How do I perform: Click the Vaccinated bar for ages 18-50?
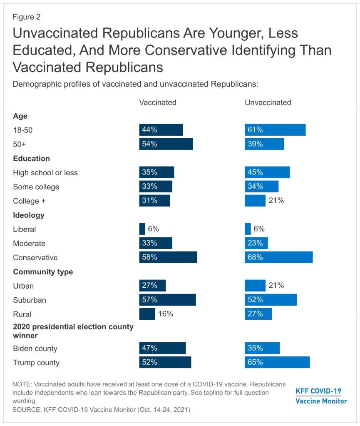[x=161, y=130]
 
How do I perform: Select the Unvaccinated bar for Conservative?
[x=278, y=257]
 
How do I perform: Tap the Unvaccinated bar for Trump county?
[x=277, y=362]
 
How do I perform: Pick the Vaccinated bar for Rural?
[x=147, y=314]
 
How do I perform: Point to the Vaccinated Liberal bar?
[x=142, y=229]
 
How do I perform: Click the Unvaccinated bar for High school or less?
[x=267, y=172]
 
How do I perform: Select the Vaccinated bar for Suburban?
[x=167, y=300]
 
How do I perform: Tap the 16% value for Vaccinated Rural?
[x=166, y=314]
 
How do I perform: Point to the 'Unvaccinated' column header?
[x=268, y=102]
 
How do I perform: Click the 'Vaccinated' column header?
[x=158, y=102]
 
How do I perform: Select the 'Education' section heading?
[x=32, y=158]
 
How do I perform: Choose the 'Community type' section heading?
[x=43, y=272]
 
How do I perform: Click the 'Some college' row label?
[x=36, y=187]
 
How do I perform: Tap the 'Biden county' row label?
[x=35, y=348]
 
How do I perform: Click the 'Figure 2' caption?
[x=27, y=17]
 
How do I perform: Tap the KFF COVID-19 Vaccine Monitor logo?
[x=321, y=396]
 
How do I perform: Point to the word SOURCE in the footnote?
[x=26, y=410]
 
